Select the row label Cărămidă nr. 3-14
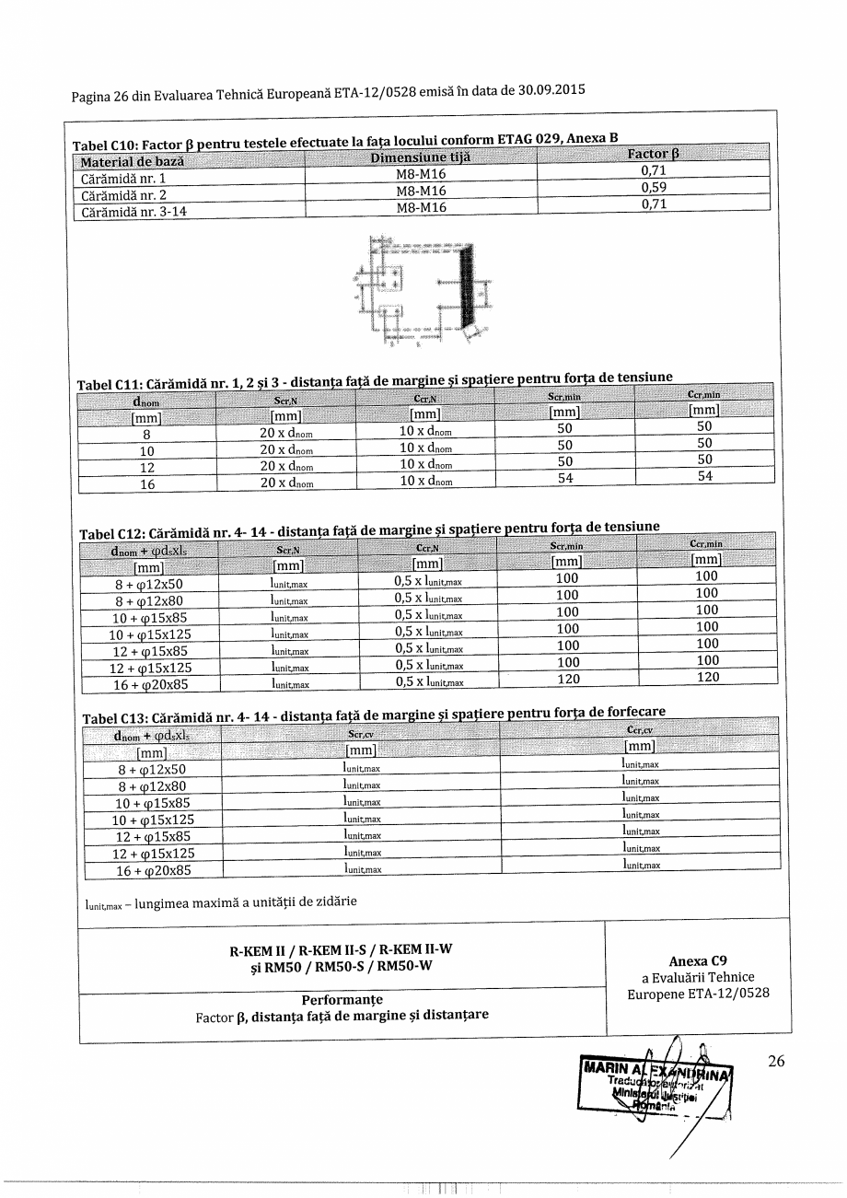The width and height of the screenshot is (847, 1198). tap(133, 207)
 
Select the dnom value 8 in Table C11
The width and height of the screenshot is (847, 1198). tap(146, 436)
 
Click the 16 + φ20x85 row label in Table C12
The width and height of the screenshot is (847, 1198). tap(153, 685)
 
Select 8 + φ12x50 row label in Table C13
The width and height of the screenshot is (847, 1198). tap(152, 770)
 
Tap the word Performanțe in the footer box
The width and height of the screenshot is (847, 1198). tap(342, 999)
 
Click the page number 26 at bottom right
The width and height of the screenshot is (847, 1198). tap(776, 1062)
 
